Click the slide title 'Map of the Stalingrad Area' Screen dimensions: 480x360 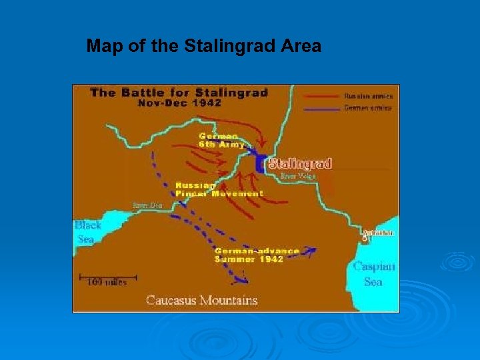[204, 47]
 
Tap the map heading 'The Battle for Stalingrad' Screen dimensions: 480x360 [179, 93]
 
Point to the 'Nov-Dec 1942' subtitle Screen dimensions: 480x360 [180, 103]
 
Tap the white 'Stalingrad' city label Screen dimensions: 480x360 [300, 163]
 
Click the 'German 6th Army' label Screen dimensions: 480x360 [221, 140]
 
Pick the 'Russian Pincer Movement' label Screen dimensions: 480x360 [219, 189]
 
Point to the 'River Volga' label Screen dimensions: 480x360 [298, 177]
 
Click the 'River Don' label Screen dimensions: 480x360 [147, 205]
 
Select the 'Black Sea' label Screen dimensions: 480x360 [87, 232]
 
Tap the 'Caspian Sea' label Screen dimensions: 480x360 [373, 273]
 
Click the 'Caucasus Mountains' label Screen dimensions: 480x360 [201, 300]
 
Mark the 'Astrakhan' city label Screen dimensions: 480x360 [378, 233]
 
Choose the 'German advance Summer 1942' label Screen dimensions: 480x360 [257, 255]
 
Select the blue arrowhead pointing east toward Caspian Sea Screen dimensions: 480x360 [311, 251]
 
